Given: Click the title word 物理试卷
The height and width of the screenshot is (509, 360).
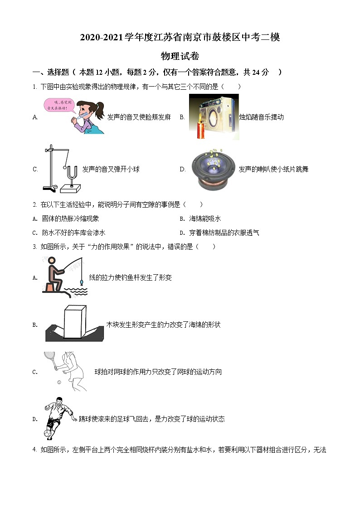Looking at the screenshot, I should [x=180, y=56].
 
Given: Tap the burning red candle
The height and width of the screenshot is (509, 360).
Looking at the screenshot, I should [x=200, y=128].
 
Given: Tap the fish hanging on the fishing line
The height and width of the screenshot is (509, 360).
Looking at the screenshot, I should [x=81, y=282].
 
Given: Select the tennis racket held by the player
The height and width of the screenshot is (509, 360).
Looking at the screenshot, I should [x=50, y=358].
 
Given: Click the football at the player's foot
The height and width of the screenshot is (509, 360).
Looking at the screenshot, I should [x=48, y=434].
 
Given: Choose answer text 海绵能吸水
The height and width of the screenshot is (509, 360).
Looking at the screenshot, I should [x=205, y=219].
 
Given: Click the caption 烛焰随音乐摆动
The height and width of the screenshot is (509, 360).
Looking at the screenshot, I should [x=261, y=117].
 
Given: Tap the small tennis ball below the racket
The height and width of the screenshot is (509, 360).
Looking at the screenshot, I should [x=59, y=382].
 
